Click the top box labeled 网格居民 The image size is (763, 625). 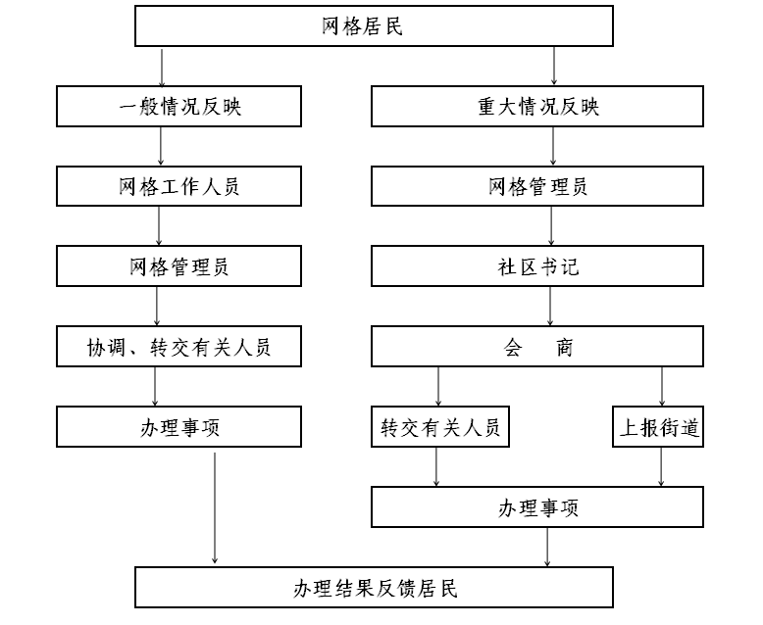tap(374, 26)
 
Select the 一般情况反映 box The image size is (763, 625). tap(178, 107)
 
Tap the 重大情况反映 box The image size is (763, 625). tap(537, 107)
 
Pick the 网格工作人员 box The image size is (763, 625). tap(178, 186)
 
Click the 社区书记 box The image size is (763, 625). tap(537, 265)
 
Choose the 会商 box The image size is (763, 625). tap(537, 346)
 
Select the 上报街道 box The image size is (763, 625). tap(658, 427)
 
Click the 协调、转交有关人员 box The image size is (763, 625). tap(178, 346)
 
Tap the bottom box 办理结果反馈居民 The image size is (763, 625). tap(374, 587)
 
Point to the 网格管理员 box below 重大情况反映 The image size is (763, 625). tap(537, 186)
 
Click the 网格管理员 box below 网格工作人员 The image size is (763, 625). tap(178, 265)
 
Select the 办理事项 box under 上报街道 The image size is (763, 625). tap(537, 506)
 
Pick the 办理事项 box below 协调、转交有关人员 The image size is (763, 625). tap(178, 427)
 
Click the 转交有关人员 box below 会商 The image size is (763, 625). tap(440, 427)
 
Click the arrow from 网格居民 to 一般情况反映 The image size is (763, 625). tap(162, 67)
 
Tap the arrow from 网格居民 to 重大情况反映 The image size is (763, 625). tap(554, 67)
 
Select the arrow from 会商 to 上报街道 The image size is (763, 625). tap(662, 386)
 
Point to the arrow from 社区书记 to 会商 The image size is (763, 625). tap(550, 307)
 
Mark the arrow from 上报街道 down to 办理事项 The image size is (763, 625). tap(661, 467)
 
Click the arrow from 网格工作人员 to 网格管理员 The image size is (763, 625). tap(159, 226)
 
